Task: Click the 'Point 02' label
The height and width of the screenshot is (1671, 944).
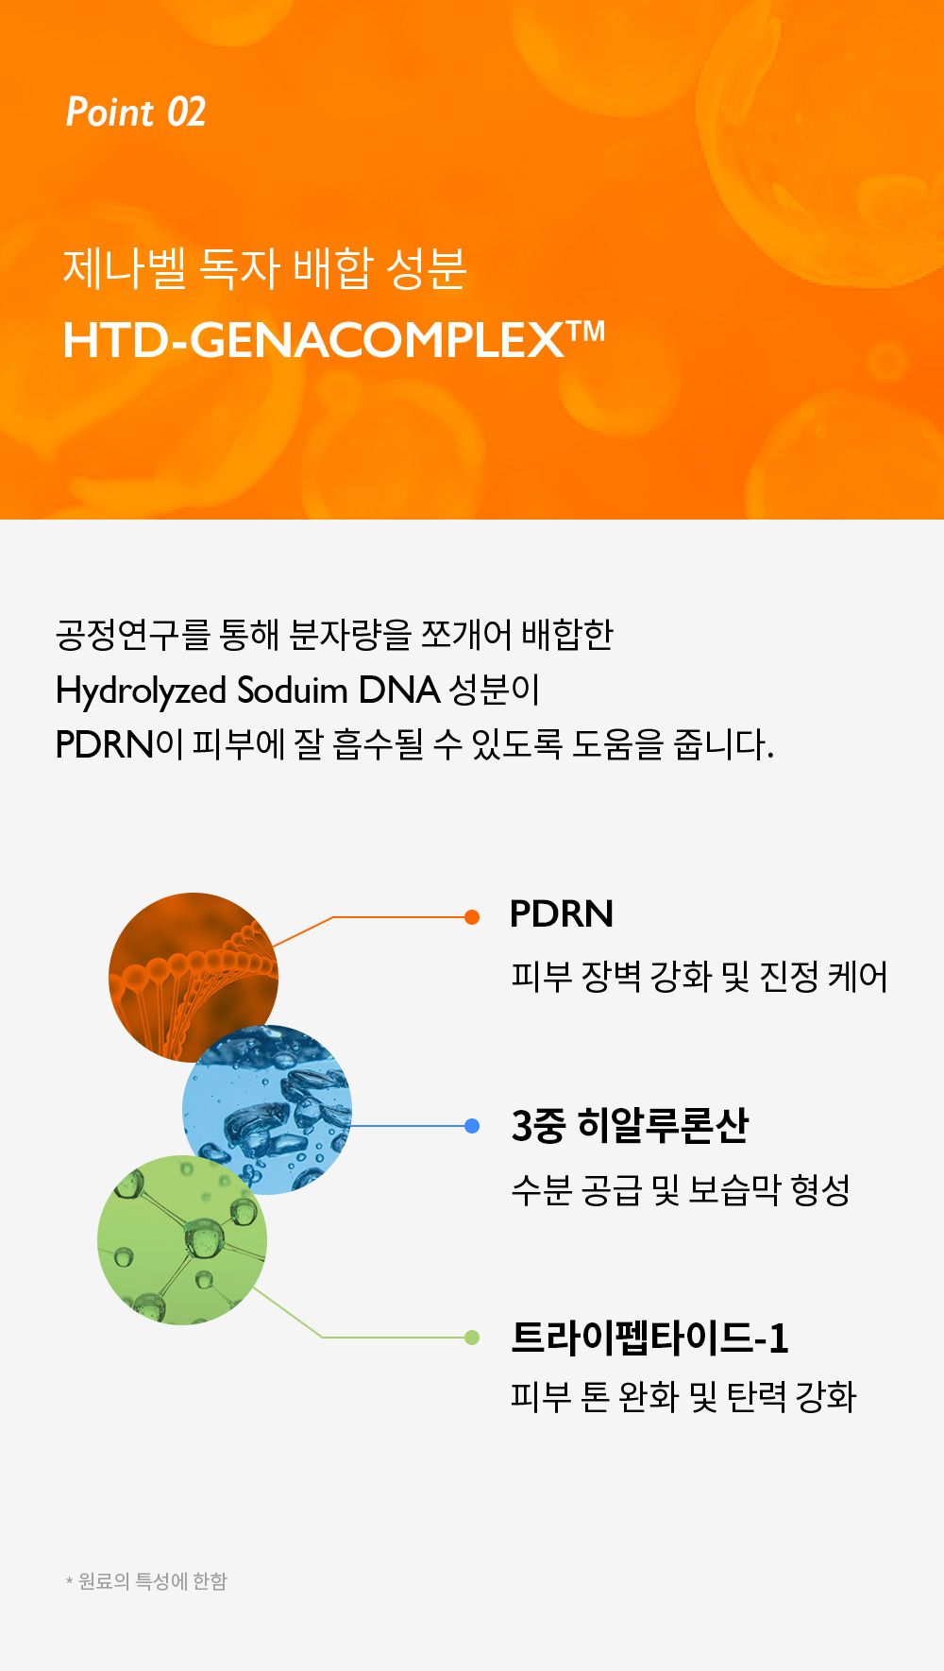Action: (135, 112)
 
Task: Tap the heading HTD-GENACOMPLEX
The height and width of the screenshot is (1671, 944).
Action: (314, 340)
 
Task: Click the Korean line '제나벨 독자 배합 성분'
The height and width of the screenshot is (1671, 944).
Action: (264, 268)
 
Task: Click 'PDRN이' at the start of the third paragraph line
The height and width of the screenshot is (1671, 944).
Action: (119, 745)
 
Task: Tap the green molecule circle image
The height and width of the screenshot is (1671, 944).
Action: (182, 1239)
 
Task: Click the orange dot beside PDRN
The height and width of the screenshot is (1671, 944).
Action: (472, 917)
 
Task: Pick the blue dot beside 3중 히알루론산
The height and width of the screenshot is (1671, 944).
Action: (472, 1126)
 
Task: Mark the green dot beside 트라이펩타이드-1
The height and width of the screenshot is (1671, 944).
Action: (472, 1337)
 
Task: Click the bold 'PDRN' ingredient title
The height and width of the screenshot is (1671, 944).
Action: (562, 914)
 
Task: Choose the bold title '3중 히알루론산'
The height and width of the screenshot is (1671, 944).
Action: (630, 1125)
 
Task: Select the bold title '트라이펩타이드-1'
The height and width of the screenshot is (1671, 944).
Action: (649, 1338)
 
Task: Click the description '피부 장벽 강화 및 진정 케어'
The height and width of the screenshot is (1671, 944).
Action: (700, 977)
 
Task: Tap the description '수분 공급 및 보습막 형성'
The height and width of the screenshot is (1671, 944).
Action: (681, 1189)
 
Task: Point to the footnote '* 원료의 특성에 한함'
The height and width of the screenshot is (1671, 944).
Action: (146, 1581)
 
